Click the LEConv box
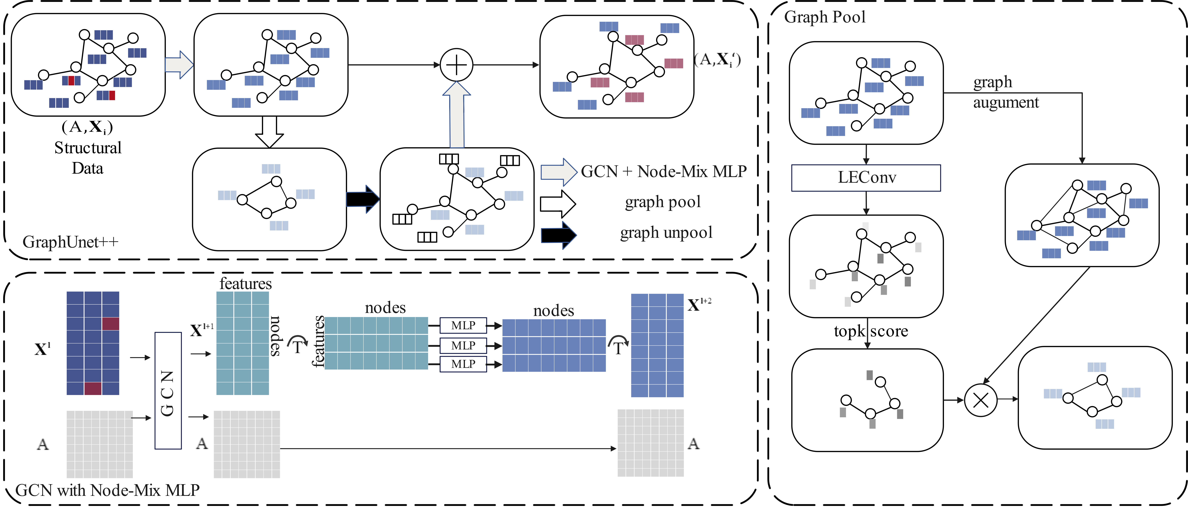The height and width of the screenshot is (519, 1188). coord(866,178)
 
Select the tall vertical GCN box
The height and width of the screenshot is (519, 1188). coord(168,390)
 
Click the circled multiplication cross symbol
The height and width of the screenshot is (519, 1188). coord(980,400)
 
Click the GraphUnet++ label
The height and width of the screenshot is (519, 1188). coord(70,242)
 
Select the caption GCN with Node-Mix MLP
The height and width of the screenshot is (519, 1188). coord(107,490)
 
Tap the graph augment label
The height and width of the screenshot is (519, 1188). coord(1005,92)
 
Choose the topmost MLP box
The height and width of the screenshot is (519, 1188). coord(463,325)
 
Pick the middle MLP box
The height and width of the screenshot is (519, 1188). coord(463,346)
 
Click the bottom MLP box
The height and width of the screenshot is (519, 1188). coord(463,364)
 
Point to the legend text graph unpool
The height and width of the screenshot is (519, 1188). coord(666,233)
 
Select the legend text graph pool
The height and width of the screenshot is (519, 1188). coord(663,202)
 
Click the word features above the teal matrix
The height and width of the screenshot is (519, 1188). coord(245,283)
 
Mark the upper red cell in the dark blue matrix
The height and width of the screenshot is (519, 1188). coord(111,323)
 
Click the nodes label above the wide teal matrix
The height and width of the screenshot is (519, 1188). coord(385,308)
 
